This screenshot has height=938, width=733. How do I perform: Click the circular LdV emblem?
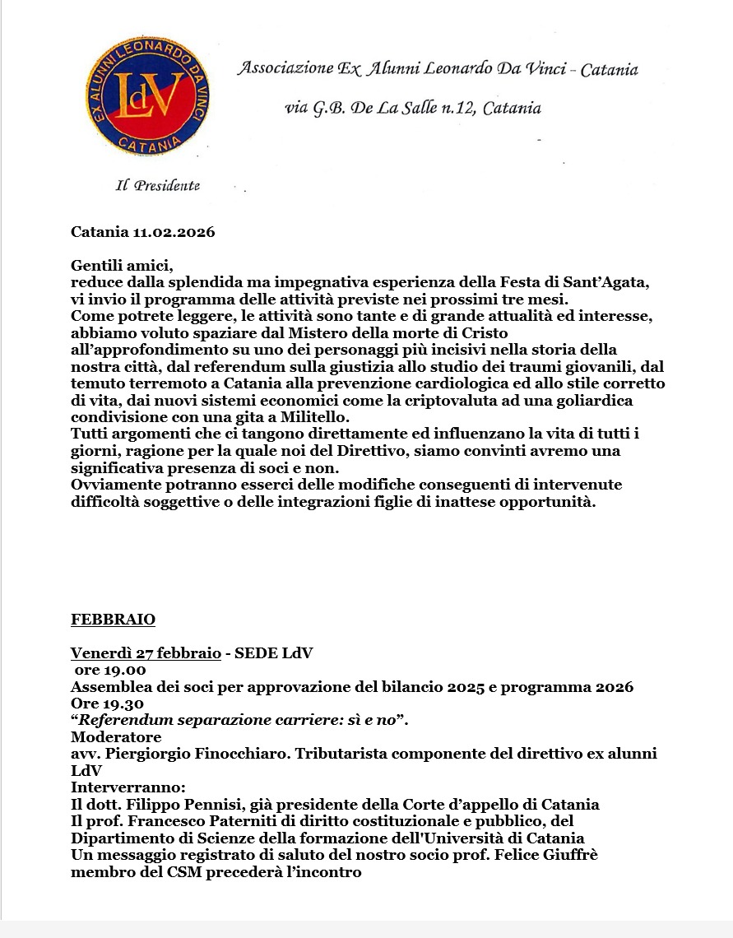coord(147,95)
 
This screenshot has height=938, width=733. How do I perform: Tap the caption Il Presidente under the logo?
coord(157,186)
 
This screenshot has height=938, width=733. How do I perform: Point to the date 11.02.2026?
coord(174,232)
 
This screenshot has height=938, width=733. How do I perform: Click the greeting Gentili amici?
coord(123,265)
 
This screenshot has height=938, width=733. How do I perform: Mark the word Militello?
coord(310,418)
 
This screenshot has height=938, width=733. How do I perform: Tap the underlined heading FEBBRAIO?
coord(113,620)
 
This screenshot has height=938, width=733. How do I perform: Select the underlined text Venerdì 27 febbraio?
coord(146,654)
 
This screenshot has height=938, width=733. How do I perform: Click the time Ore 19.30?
coord(108,703)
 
